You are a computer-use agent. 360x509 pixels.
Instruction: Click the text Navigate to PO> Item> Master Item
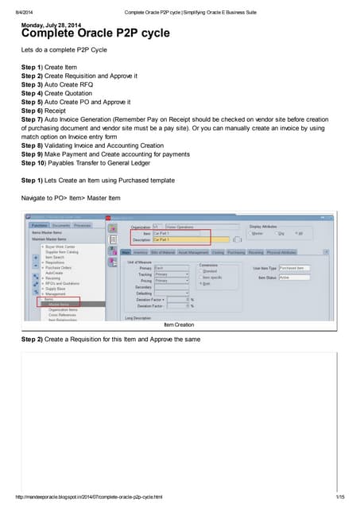70,196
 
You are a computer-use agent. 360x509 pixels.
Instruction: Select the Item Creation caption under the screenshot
178,325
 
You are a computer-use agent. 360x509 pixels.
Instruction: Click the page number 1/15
339,497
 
